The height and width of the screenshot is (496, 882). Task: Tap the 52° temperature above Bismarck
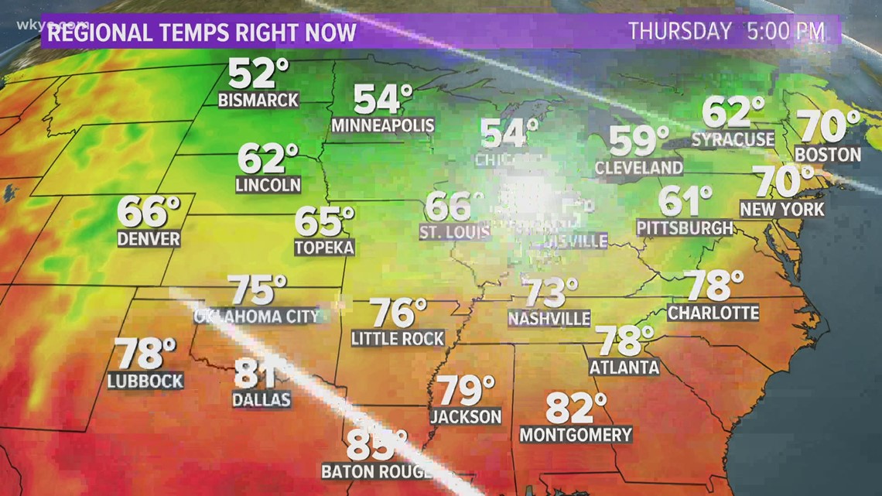(258, 74)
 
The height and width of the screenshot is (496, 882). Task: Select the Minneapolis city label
(382, 125)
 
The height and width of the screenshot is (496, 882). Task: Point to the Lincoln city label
(268, 185)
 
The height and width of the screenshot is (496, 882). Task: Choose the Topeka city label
(324, 248)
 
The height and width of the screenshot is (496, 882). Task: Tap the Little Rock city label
(398, 338)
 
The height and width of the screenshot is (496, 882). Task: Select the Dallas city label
(262, 399)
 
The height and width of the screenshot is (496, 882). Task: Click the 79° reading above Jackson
(465, 391)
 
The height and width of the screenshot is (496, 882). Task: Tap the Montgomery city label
(576, 435)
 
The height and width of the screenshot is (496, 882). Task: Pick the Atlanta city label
(624, 368)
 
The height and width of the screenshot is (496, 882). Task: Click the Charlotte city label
(713, 313)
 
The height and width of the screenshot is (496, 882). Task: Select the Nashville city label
(549, 318)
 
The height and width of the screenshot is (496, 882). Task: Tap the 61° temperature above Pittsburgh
(685, 201)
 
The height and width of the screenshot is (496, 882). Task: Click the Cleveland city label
(639, 167)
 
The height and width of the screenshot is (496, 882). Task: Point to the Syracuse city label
(733, 139)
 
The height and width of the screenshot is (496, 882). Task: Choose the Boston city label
(828, 154)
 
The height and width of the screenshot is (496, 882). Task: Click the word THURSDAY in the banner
(680, 32)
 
